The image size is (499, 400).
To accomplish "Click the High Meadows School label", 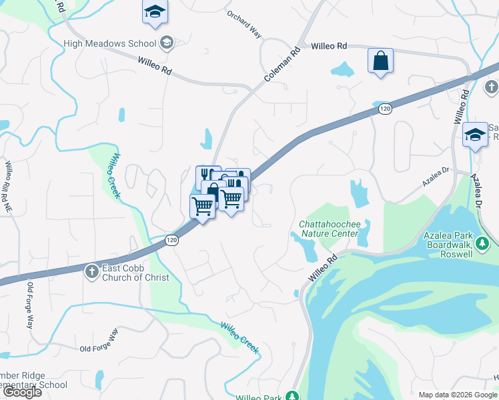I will [x=110, y=44].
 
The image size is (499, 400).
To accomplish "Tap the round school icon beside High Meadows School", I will [x=167, y=43].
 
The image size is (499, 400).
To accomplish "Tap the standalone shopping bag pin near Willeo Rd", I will [x=380, y=61].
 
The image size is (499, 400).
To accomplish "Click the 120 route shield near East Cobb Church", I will [x=172, y=241].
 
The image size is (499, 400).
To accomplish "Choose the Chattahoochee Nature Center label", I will [x=329, y=229].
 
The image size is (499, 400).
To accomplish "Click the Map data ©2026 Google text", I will [x=456, y=395].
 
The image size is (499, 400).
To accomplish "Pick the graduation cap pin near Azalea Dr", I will [x=475, y=136].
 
